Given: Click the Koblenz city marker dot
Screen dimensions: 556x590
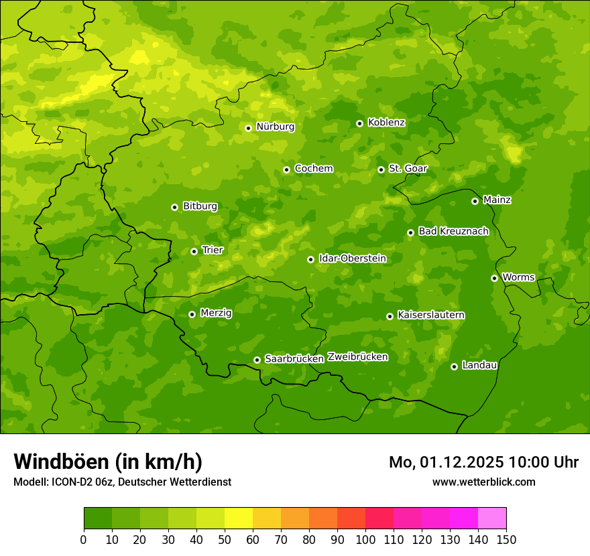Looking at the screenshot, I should tap(359, 123).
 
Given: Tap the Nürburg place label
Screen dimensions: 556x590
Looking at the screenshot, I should tap(275, 127).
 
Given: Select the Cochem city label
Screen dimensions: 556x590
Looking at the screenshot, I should tap(313, 169).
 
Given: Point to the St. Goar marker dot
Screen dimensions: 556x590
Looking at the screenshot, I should tap(381, 169).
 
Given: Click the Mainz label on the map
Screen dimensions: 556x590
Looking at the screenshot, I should tap(497, 200).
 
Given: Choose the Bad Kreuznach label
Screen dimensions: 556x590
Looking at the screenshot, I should tap(453, 231).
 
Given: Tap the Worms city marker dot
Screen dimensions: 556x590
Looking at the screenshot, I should tap(494, 278).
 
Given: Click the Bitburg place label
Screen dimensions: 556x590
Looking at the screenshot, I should tap(200, 206).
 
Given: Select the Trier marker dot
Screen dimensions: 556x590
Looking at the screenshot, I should tap(194, 251).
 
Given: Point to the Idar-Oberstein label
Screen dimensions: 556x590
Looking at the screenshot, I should tap(352, 259).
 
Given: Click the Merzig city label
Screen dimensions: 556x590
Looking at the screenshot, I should tap(216, 313).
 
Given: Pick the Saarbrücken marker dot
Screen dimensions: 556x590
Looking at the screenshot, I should tap(257, 360).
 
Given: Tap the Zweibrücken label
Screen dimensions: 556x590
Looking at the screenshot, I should tap(357, 357).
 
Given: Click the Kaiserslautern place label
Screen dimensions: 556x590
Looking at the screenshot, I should tap(431, 315).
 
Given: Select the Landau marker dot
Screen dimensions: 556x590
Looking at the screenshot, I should tap(454, 366).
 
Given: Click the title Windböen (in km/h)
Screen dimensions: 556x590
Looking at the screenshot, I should tap(108, 462).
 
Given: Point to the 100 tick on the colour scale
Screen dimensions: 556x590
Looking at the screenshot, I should tap(365, 539).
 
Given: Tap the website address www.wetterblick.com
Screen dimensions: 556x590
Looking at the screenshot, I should tap(483, 482).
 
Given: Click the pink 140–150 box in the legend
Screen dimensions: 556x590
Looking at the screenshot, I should tap(492, 518).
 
